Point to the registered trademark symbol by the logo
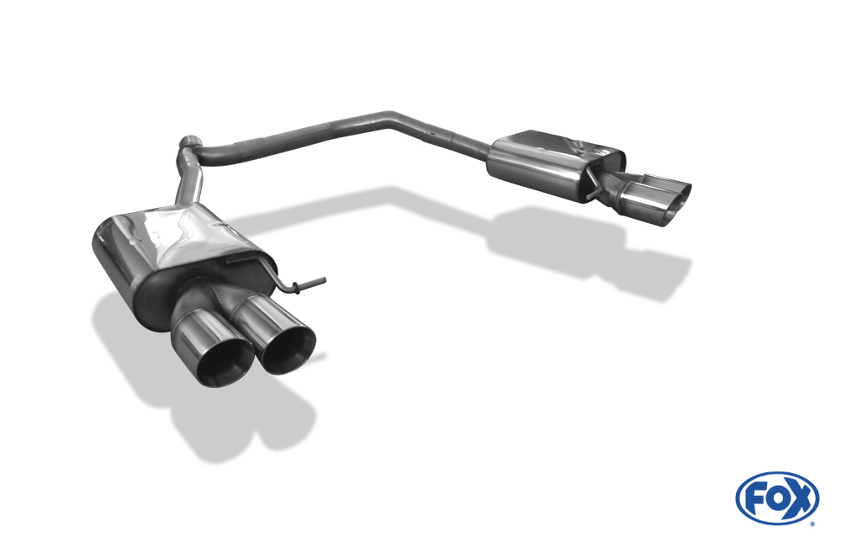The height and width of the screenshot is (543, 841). pyautogui.click(x=812, y=523)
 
